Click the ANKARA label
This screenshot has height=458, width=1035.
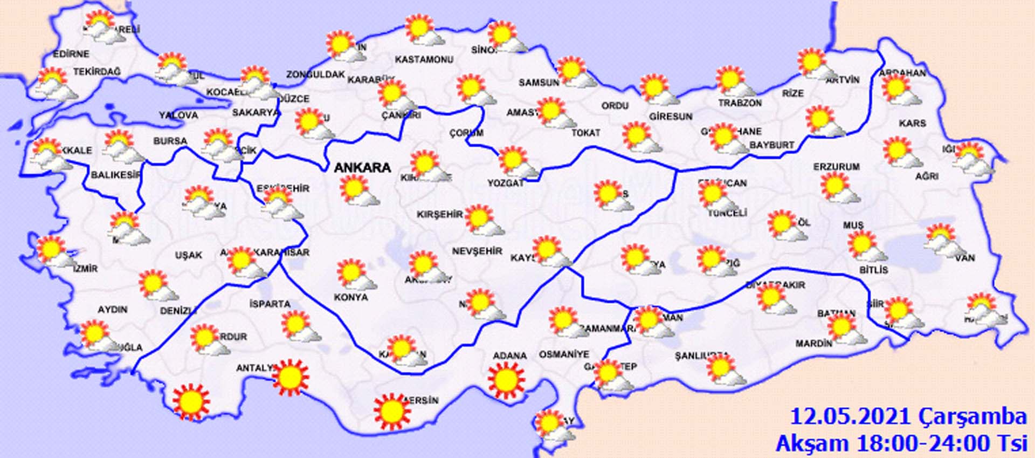(362, 168)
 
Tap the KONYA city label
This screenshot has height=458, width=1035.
(351, 297)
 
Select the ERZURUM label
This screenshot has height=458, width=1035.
(837, 167)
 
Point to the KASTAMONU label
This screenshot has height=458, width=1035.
(424, 59)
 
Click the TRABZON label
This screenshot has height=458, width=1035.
(740, 103)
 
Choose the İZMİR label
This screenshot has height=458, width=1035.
(85, 268)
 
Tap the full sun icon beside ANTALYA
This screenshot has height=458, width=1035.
(291, 377)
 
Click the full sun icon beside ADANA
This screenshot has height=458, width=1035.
(506, 380)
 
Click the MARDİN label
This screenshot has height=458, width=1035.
(814, 343)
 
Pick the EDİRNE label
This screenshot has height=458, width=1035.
(71, 54)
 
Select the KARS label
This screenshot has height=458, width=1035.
(912, 124)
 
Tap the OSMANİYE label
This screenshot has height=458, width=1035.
(564, 354)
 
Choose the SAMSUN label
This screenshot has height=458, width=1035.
(539, 83)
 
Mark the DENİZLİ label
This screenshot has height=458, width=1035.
(178, 311)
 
